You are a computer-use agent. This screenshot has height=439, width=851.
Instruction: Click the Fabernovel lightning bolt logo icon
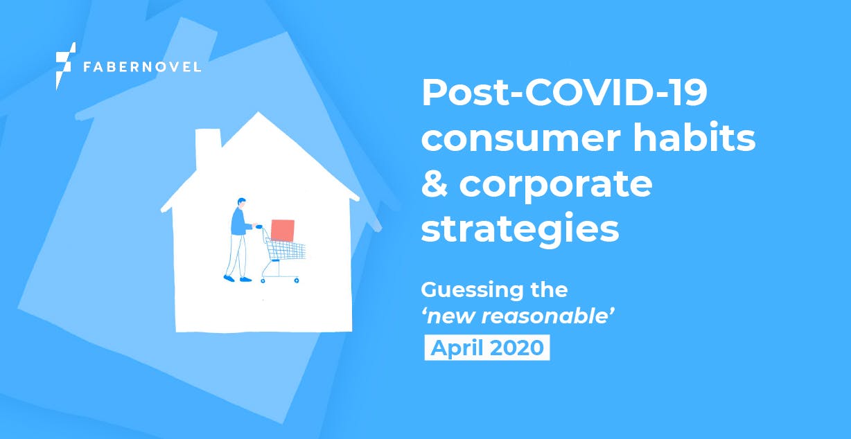[64, 66]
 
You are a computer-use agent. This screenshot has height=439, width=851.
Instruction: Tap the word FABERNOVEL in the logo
[142, 67]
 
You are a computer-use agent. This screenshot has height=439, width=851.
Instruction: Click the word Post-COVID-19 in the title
[564, 92]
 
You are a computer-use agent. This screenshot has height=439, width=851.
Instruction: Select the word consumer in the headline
[521, 138]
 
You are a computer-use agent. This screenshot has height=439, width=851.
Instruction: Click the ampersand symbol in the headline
[435, 183]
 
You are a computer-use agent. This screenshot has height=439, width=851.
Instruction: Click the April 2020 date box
[487, 348]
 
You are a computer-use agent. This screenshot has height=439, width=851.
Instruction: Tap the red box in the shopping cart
[283, 231]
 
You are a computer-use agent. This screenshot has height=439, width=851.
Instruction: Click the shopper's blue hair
[242, 201]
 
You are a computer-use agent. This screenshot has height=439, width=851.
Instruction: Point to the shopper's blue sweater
[239, 222]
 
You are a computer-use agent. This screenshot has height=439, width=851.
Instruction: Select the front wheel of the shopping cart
[297, 280]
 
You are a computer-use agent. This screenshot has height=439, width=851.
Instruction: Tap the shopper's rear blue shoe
[229, 279]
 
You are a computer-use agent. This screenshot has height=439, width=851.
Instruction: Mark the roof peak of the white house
[258, 113]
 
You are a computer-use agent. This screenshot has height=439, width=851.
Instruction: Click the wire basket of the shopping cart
[286, 249]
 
